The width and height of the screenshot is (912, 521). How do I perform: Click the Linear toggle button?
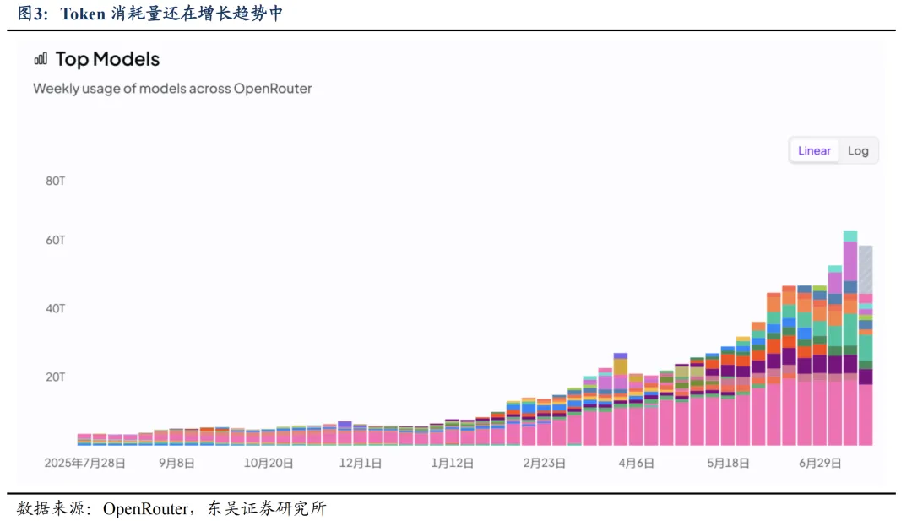tap(814, 150)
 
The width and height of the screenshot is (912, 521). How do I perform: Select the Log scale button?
tap(858, 150)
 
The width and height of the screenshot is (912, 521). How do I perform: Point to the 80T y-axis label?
tap(56, 181)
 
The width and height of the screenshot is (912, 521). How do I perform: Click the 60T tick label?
tap(56, 240)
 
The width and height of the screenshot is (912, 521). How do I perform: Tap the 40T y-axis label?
tap(56, 308)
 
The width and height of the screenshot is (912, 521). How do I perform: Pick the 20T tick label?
tap(56, 377)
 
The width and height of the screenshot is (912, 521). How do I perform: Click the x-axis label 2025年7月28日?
tap(85, 463)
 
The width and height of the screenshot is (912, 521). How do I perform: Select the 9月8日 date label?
tap(176, 463)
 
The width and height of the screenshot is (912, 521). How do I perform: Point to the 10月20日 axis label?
tap(269, 463)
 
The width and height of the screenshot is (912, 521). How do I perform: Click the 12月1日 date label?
tap(361, 463)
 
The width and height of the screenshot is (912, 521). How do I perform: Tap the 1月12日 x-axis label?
tap(453, 463)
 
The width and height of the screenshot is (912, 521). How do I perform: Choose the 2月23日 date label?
tap(545, 463)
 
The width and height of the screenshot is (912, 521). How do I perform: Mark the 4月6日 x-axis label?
tap(637, 463)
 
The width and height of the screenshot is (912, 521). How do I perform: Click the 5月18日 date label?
tap(728, 463)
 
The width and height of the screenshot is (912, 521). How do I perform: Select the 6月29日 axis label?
tap(820, 463)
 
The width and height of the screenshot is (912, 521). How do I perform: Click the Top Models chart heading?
tap(107, 59)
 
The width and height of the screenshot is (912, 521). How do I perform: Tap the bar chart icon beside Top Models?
tap(41, 59)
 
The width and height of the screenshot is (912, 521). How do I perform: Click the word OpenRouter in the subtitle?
tap(273, 89)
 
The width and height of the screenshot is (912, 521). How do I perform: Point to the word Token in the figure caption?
tap(83, 14)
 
